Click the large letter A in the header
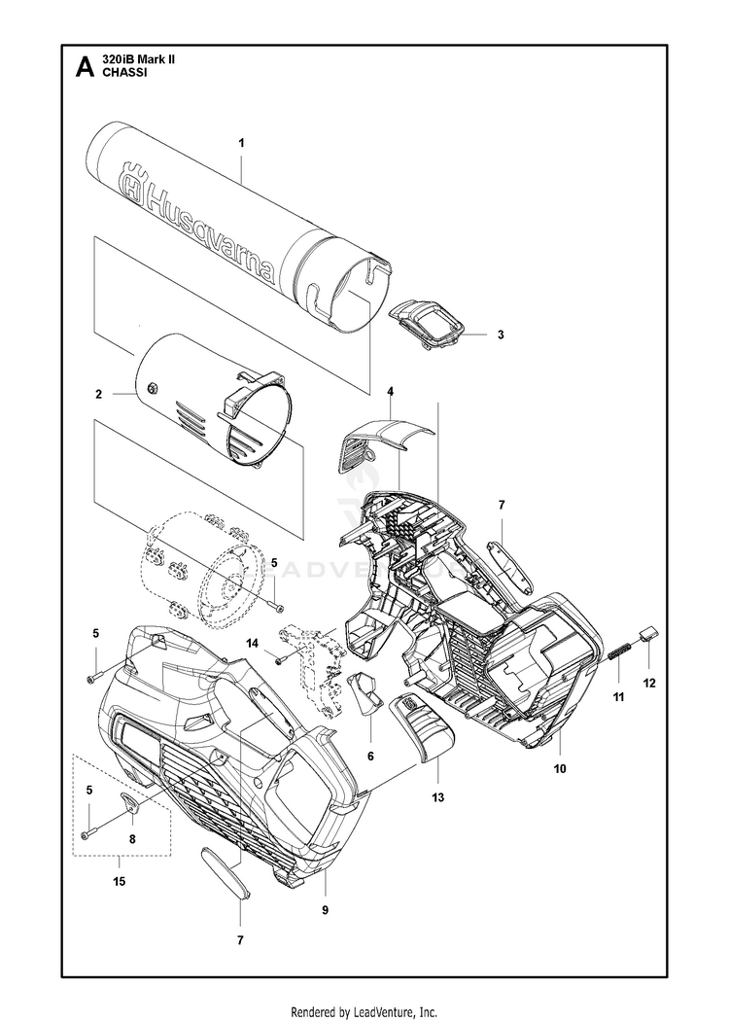(x=85, y=67)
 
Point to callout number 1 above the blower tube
(x=241, y=143)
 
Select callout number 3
(x=500, y=335)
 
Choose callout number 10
(x=560, y=768)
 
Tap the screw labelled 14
(x=279, y=660)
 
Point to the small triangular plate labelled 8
(x=131, y=801)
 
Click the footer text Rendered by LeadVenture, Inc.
(x=364, y=1011)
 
